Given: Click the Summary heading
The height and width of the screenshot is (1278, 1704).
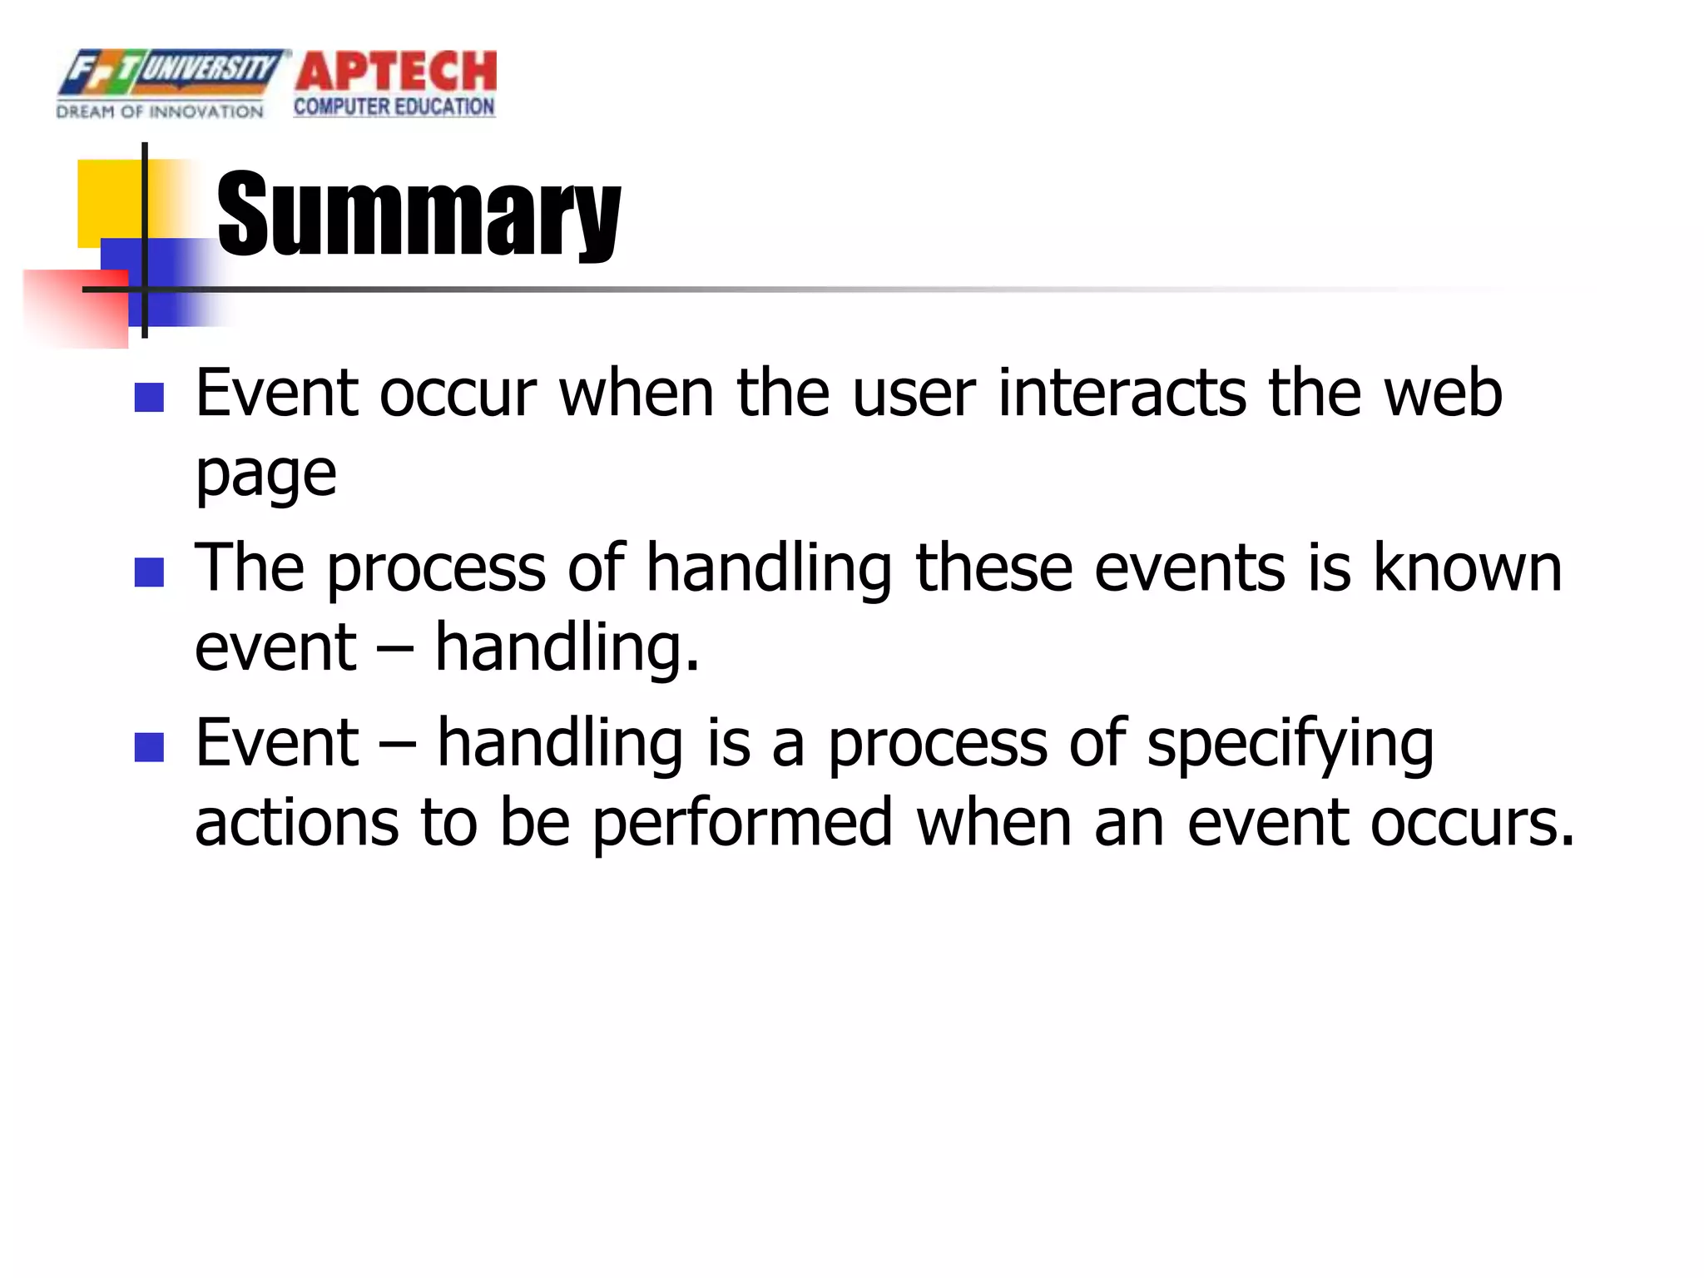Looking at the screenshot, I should [419, 215].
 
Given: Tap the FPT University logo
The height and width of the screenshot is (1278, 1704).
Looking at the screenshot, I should [171, 72].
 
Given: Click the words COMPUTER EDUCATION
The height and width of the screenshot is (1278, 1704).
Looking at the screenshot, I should [394, 107].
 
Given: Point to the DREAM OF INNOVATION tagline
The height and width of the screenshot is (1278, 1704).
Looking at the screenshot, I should [160, 111].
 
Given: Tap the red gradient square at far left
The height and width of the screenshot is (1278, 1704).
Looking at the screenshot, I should [75, 308].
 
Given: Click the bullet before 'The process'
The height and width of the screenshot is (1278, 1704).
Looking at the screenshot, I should [149, 572].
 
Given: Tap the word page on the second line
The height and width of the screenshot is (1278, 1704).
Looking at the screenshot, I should [265, 474].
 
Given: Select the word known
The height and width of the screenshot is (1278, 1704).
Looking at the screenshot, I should [1467, 567].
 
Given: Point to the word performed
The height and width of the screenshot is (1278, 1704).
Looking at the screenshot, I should [742, 824].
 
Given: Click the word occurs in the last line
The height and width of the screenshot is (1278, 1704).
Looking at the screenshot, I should [1472, 824].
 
